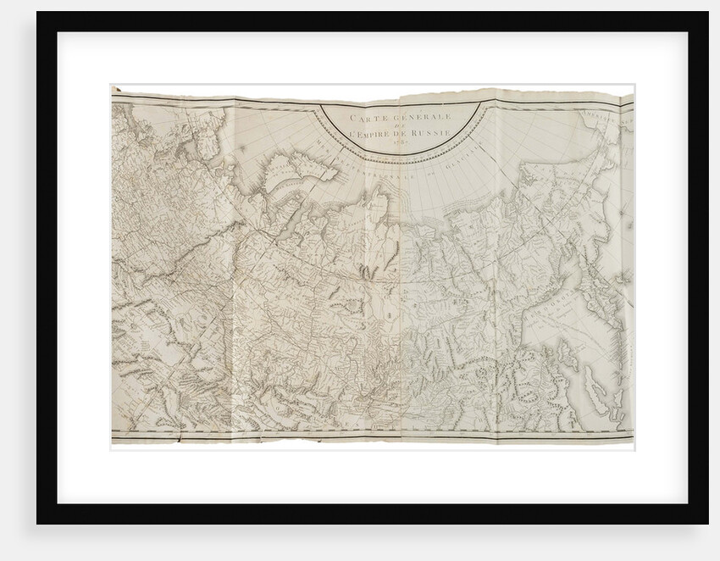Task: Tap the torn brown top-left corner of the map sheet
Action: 116,88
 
